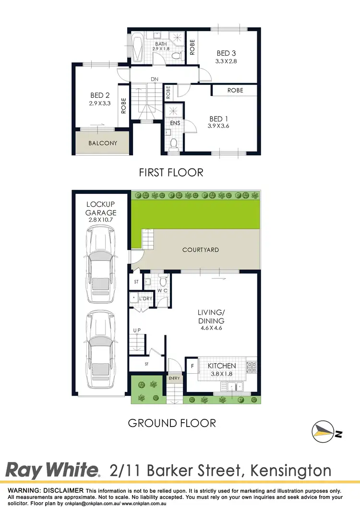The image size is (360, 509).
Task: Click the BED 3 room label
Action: [x=226, y=53]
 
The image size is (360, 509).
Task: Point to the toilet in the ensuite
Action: [x=174, y=143]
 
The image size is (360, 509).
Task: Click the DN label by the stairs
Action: [x=154, y=79]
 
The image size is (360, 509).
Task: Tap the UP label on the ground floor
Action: [x=137, y=331]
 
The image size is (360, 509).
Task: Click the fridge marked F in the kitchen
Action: [x=192, y=366]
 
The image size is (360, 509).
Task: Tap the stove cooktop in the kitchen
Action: [x=251, y=367]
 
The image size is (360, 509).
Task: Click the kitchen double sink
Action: [x=233, y=385]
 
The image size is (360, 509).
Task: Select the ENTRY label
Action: [x=174, y=378]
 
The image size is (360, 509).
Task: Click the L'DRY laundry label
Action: [x=145, y=299]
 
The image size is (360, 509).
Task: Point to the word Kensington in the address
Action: [x=288, y=470]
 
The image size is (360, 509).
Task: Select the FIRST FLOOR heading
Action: [x=171, y=172]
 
